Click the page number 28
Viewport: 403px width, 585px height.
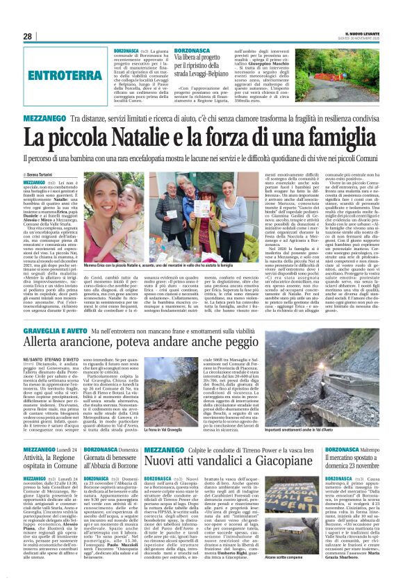27,36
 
